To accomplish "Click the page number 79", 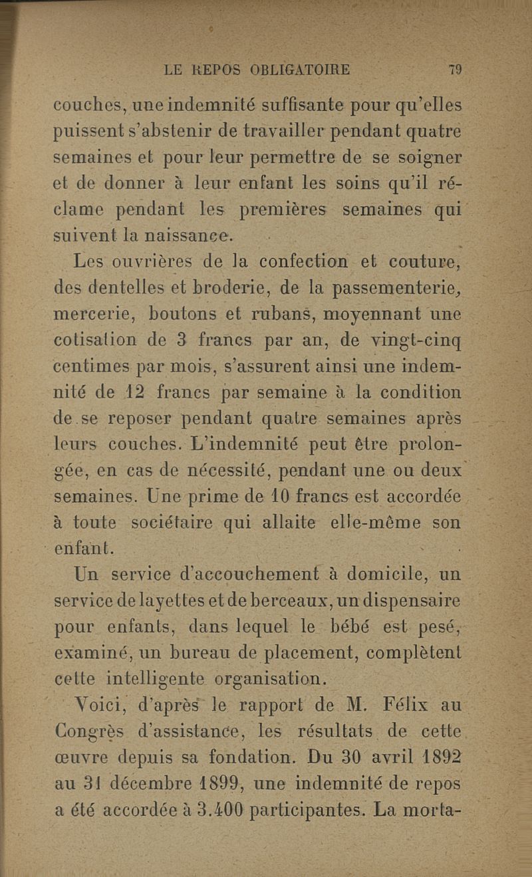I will point(456,69).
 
